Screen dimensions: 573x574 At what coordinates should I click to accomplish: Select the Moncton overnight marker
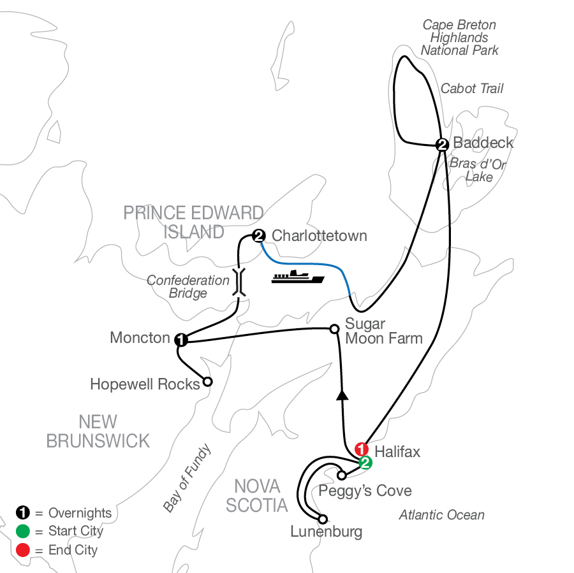[181, 340]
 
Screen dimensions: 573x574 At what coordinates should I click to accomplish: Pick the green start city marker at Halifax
[365, 463]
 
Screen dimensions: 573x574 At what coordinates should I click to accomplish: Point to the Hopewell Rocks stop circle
[207, 382]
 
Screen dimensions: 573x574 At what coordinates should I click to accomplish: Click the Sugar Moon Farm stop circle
[334, 329]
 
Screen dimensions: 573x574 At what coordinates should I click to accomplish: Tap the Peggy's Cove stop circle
[342, 475]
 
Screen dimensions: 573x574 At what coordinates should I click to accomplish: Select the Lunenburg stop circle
[323, 519]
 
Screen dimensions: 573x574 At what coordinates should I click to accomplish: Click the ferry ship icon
[298, 277]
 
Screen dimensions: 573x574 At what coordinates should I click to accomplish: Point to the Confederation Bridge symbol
[239, 281]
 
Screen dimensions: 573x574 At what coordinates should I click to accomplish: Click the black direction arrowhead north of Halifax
[343, 395]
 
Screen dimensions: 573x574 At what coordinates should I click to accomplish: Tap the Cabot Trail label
[472, 89]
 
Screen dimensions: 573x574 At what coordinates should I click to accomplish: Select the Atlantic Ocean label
[441, 515]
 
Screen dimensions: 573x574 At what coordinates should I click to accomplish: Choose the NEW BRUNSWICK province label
[98, 431]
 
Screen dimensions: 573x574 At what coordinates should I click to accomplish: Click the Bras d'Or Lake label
[478, 170]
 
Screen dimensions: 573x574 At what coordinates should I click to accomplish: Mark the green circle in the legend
[22, 531]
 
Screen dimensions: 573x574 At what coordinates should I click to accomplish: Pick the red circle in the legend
[22, 549]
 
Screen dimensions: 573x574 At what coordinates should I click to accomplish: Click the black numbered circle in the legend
[22, 513]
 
